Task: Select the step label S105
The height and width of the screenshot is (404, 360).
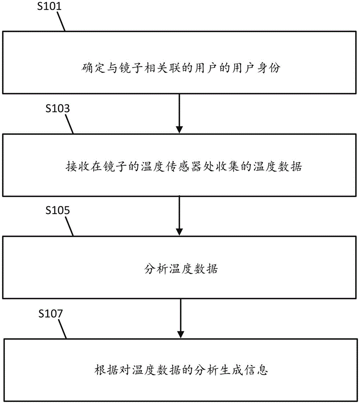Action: [x=57, y=210]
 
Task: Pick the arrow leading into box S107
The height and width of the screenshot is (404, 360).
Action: [x=178, y=318]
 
